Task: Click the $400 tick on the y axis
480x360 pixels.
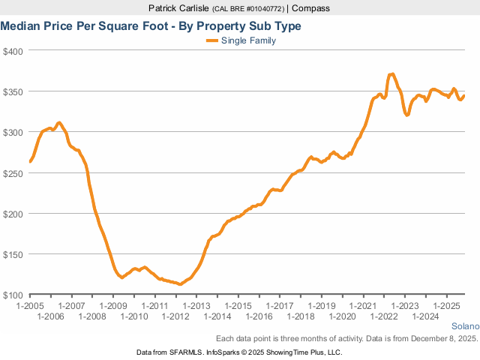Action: pos(13,51)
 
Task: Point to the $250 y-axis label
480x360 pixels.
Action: pos(13,172)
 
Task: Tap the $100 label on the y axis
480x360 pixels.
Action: pos(13,295)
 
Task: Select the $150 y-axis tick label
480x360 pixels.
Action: pos(13,254)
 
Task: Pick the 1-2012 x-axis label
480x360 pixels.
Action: pos(175,316)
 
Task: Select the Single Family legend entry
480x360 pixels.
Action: pos(248,40)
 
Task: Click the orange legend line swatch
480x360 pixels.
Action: pos(211,40)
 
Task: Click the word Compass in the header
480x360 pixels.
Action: pos(311,8)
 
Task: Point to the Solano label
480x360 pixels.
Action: pos(464,326)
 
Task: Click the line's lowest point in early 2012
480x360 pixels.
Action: pos(180,284)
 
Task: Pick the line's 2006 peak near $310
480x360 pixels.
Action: pos(59,122)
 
